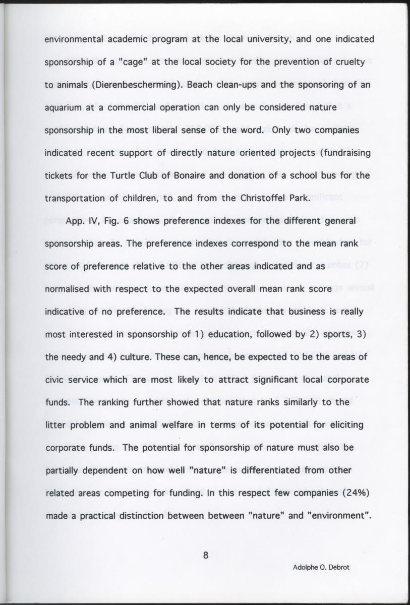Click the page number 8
tap(205, 556)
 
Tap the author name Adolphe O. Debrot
tap(321, 567)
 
